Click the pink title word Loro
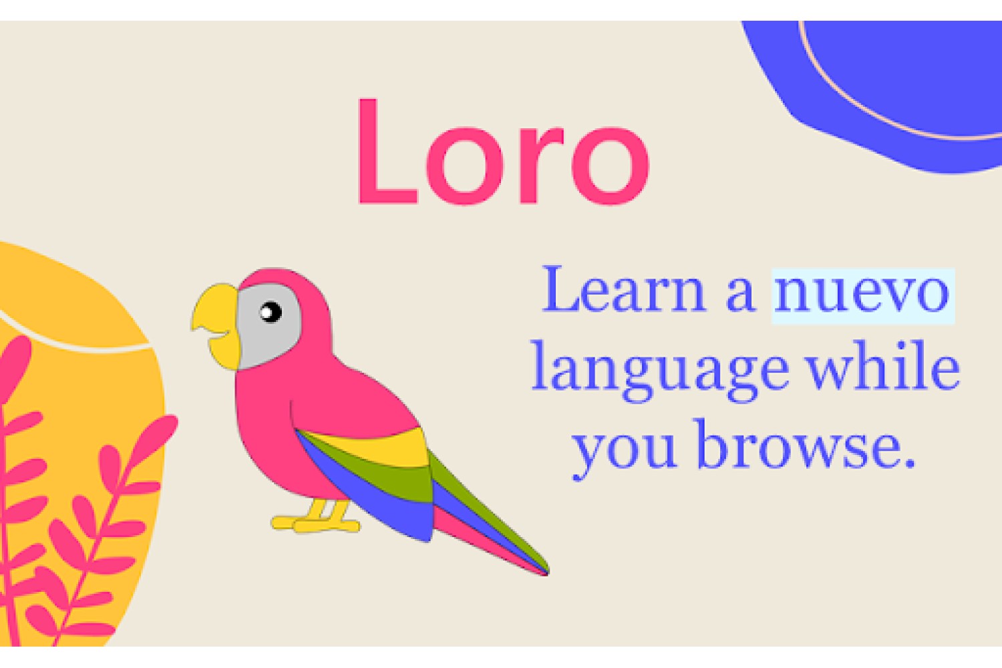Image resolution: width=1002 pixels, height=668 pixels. [503, 151]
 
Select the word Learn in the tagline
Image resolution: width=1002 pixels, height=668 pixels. [624, 289]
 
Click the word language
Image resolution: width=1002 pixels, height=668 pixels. [660, 372]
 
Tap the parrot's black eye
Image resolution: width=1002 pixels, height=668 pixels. [271, 312]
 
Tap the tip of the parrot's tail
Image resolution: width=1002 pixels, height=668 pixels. [548, 573]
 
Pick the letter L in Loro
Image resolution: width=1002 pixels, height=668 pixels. [387, 151]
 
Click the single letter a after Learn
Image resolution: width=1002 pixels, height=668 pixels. [740, 295]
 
